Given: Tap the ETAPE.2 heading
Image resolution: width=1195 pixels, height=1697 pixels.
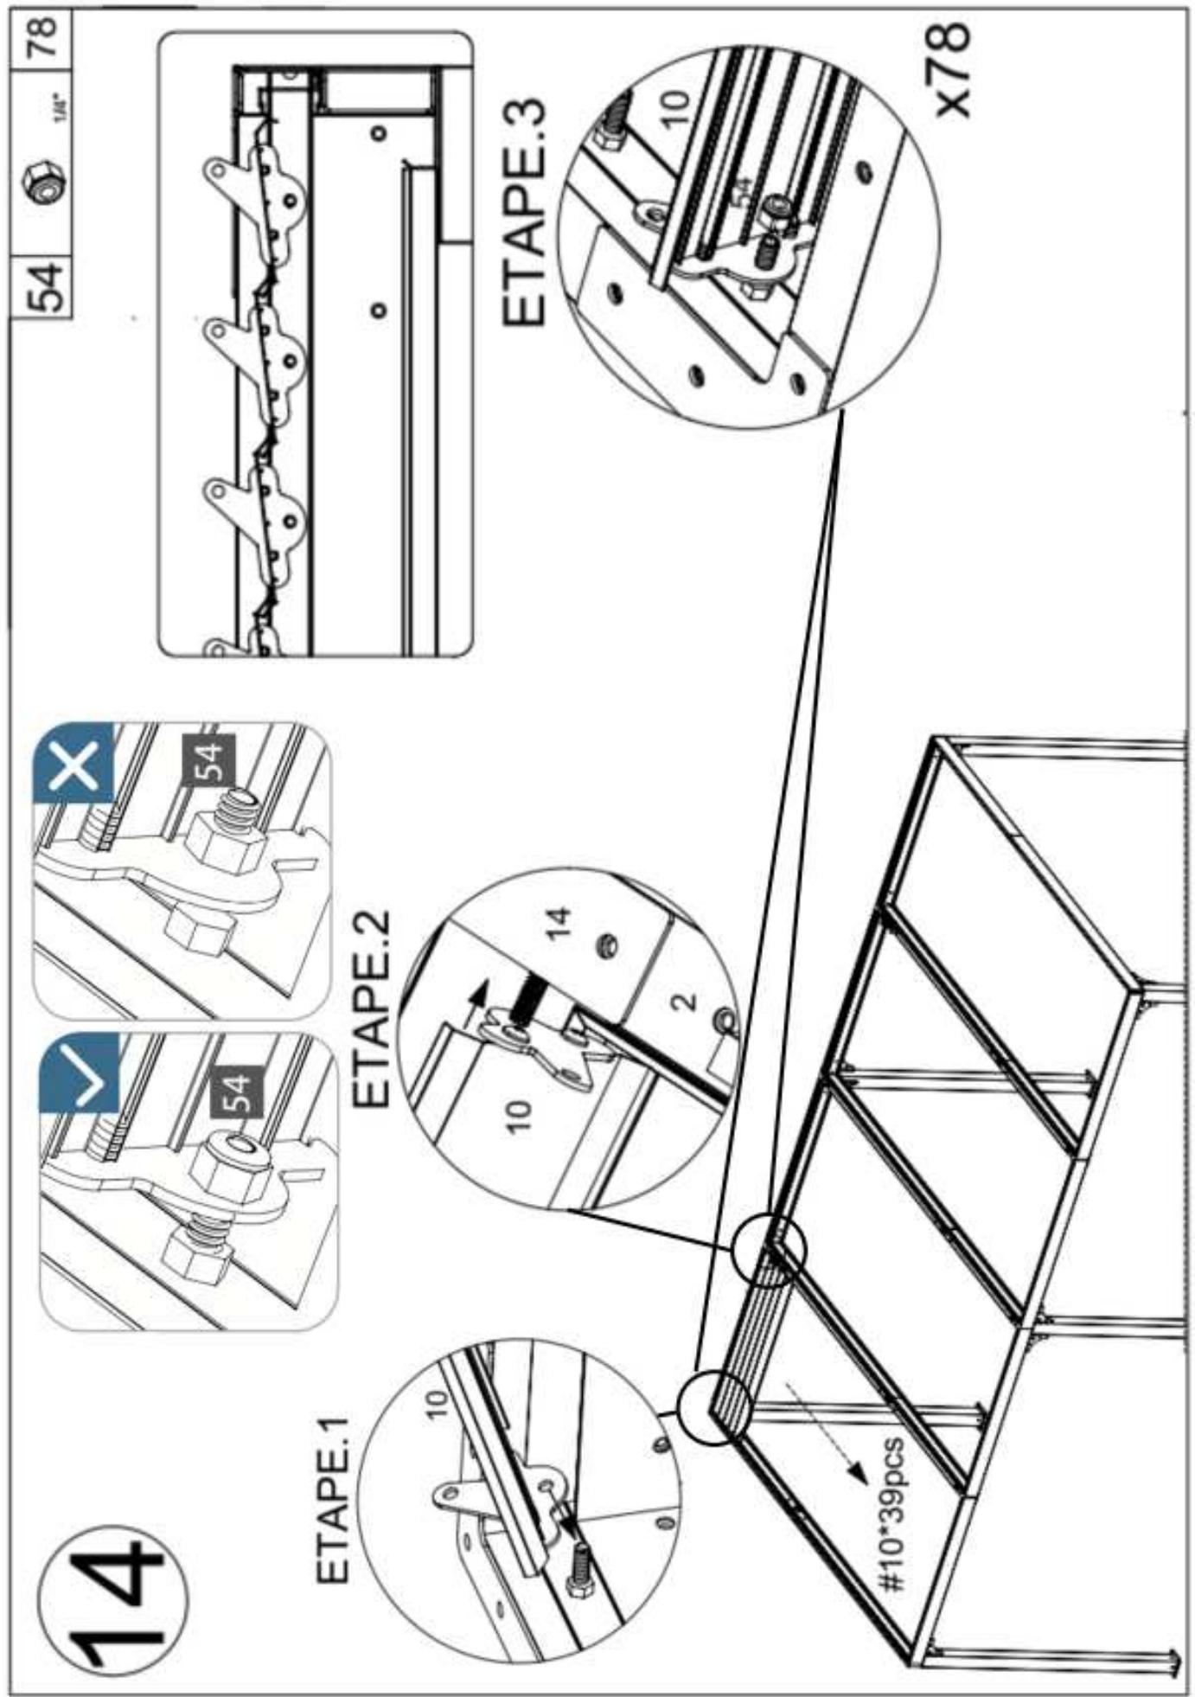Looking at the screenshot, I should [374, 1007].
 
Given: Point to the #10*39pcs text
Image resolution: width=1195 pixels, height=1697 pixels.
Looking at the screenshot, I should [891, 1514].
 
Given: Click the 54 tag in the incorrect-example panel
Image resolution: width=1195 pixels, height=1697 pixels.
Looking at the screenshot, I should [208, 761].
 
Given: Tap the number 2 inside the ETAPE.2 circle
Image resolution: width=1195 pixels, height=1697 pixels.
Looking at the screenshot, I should [683, 1002].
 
